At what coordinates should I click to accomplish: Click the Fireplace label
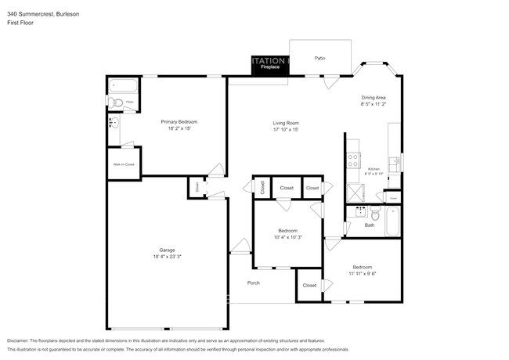271,68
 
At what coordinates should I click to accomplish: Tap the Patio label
319,59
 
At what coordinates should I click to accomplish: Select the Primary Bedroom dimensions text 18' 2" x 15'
179,128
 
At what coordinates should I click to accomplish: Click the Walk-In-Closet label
124,164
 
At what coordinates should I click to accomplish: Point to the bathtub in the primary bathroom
123,85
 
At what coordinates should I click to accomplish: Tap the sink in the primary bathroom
114,122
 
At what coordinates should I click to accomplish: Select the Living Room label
286,122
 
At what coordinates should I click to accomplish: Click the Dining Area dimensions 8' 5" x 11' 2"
374,103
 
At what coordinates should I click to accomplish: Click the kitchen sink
396,163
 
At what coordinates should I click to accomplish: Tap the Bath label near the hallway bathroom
370,225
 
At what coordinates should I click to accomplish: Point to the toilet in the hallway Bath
376,214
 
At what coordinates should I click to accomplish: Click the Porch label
253,283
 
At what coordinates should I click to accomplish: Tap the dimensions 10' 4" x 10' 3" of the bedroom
287,237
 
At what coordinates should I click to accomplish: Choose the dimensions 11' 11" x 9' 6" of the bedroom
362,273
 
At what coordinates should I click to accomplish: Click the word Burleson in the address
66,14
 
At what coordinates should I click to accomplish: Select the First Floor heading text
20,23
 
